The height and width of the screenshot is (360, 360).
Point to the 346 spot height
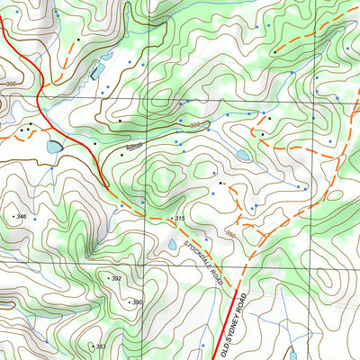pyautogui.click(x=20, y=217)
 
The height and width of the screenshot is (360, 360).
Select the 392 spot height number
pyautogui.click(x=116, y=279)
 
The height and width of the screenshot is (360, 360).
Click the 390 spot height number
pyautogui.click(x=138, y=302)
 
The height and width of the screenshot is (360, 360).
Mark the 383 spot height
pyautogui.click(x=100, y=346)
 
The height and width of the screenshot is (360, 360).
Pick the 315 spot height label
pyautogui.click(x=179, y=220)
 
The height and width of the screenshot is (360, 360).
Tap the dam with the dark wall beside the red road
pyautogui.click(x=54, y=146)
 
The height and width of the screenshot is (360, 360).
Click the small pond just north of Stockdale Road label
pyautogui.click(x=173, y=244)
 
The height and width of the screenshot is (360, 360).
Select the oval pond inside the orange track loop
pyautogui.click(x=243, y=156)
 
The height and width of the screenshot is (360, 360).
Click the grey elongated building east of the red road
pyautogui.click(x=135, y=144)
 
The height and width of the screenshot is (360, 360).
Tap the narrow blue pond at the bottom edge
pyautogui.click(x=292, y=353)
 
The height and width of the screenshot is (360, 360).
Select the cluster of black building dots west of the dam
pyautogui.click(x=34, y=125)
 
